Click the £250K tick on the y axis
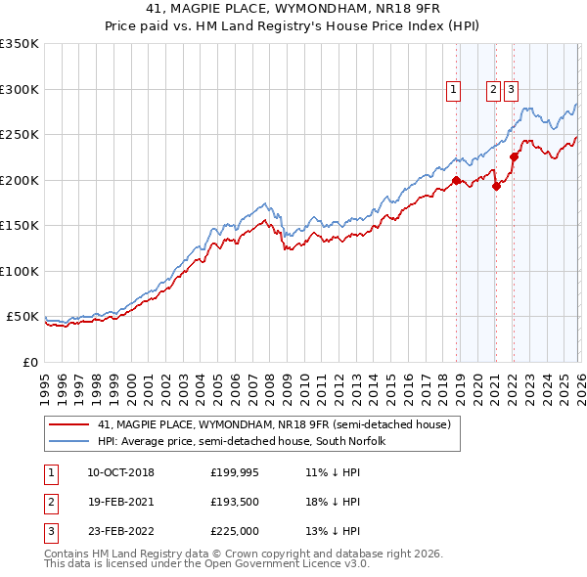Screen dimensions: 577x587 (x=20, y=135)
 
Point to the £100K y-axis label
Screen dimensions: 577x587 (x=20, y=271)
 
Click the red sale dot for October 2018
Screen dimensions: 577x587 (x=456, y=180)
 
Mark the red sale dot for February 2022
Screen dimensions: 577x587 (x=514, y=156)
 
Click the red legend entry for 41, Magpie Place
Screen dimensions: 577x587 (x=274, y=424)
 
